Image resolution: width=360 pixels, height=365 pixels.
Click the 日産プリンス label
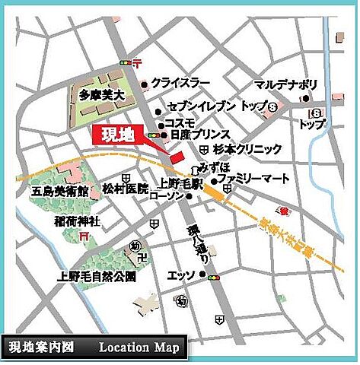pyautogui.click(x=196, y=134)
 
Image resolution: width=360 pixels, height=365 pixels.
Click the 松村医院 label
pyautogui.click(x=125, y=187)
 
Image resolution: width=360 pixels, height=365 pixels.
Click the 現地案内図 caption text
pyautogui.click(x=42, y=348)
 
